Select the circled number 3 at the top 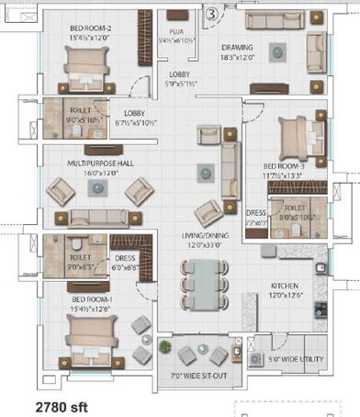coord(211,13)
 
